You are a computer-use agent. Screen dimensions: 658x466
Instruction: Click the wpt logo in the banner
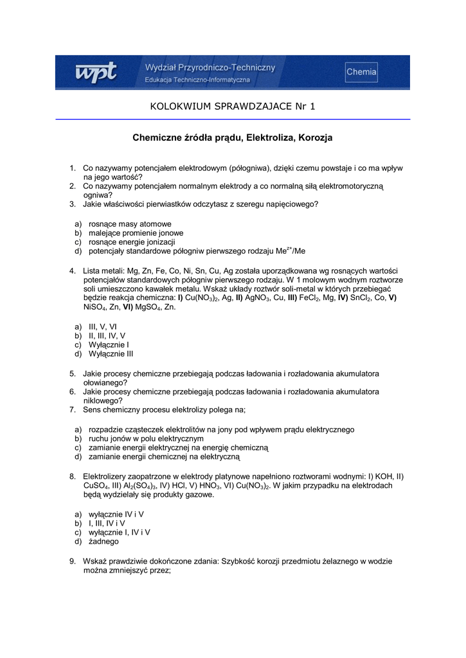[96, 73]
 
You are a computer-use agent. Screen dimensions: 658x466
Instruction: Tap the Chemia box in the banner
[361, 72]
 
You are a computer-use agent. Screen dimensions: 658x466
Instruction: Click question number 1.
[73, 168]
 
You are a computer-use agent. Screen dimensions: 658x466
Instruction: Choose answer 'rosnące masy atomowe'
[125, 224]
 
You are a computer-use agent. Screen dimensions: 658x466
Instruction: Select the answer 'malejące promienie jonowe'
[136, 233]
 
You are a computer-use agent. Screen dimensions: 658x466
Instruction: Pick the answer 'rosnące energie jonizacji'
[132, 242]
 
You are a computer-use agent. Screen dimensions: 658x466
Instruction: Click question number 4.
[73, 271]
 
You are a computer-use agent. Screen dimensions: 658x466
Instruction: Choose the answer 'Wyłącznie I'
[109, 344]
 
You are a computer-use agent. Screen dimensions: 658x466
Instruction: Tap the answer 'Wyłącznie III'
[111, 353]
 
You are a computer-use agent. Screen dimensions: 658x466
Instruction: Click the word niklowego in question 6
[103, 400]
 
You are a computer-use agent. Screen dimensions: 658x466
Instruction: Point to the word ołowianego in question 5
[105, 382]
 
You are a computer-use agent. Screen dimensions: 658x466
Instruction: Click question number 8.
[73, 476]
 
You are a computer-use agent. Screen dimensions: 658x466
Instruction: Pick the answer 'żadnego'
[103, 541]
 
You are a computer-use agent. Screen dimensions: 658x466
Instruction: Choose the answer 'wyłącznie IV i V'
[116, 514]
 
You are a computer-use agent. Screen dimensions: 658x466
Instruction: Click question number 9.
[73, 561]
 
